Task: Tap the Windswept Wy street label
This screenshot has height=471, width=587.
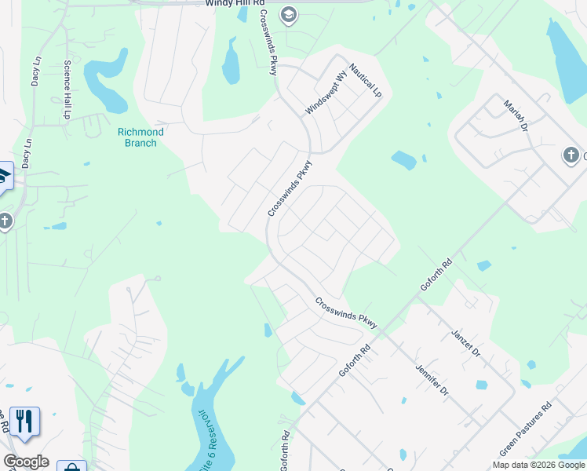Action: [326, 94]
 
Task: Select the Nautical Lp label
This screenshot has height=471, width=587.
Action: [366, 80]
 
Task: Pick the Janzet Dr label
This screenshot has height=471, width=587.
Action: [465, 343]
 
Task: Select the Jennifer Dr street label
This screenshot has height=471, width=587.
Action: [432, 379]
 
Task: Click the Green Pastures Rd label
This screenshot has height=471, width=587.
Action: [526, 429]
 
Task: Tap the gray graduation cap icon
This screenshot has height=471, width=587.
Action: [289, 14]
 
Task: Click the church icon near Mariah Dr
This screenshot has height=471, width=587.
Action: [571, 155]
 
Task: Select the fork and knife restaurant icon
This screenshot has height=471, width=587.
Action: [24, 422]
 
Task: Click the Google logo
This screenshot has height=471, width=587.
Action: [26, 462]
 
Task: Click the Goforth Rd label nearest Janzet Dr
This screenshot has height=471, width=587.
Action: [437, 276]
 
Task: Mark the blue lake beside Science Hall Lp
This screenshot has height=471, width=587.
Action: [107, 79]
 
